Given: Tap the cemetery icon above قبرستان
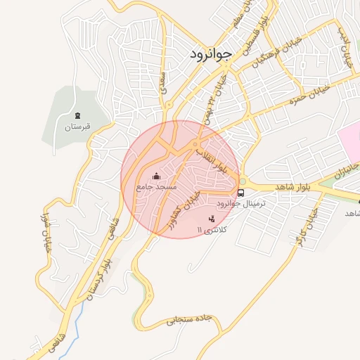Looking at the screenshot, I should [77, 115].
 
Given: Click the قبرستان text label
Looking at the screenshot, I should [77, 127].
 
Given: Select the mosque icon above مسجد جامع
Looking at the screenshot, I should [156, 176].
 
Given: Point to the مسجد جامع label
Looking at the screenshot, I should [156, 188].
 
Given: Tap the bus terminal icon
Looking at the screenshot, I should [241, 192].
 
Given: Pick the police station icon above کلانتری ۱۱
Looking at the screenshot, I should [212, 219].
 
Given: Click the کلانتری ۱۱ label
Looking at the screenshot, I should [210, 230].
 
